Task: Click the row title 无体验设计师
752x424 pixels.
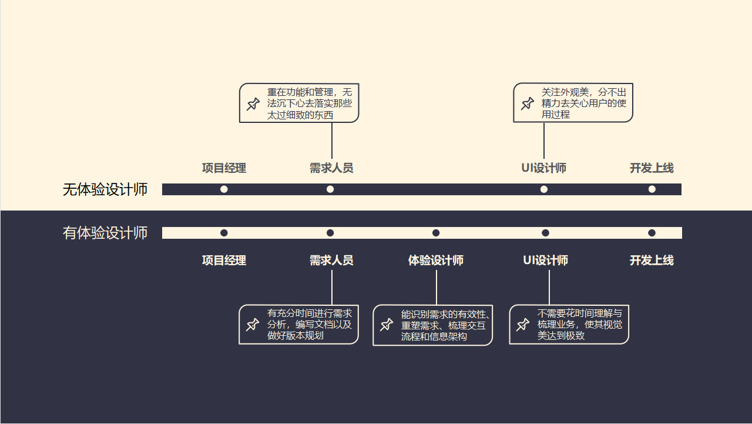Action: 105,190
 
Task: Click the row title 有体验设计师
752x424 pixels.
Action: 105,233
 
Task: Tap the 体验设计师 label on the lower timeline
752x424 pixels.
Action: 436,261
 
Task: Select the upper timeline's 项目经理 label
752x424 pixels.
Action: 224,168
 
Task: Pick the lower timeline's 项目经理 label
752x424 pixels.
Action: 224,261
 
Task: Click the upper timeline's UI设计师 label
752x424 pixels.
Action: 544,168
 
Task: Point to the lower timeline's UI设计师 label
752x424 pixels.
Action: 546,261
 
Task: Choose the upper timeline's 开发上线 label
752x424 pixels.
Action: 652,168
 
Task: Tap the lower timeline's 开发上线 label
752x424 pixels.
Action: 652,261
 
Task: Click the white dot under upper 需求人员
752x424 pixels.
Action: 330,189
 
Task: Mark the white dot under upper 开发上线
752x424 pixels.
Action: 652,189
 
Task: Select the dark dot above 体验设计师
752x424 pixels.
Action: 436,233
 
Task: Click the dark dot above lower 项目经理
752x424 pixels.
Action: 224,233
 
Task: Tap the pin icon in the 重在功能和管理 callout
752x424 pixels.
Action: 253,104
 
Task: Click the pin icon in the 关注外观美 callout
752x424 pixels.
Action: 528,104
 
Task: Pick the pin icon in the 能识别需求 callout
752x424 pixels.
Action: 387,325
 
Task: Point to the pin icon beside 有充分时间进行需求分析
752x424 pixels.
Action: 253,324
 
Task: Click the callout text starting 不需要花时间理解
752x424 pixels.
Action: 579,324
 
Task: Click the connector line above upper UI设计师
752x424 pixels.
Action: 544,141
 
